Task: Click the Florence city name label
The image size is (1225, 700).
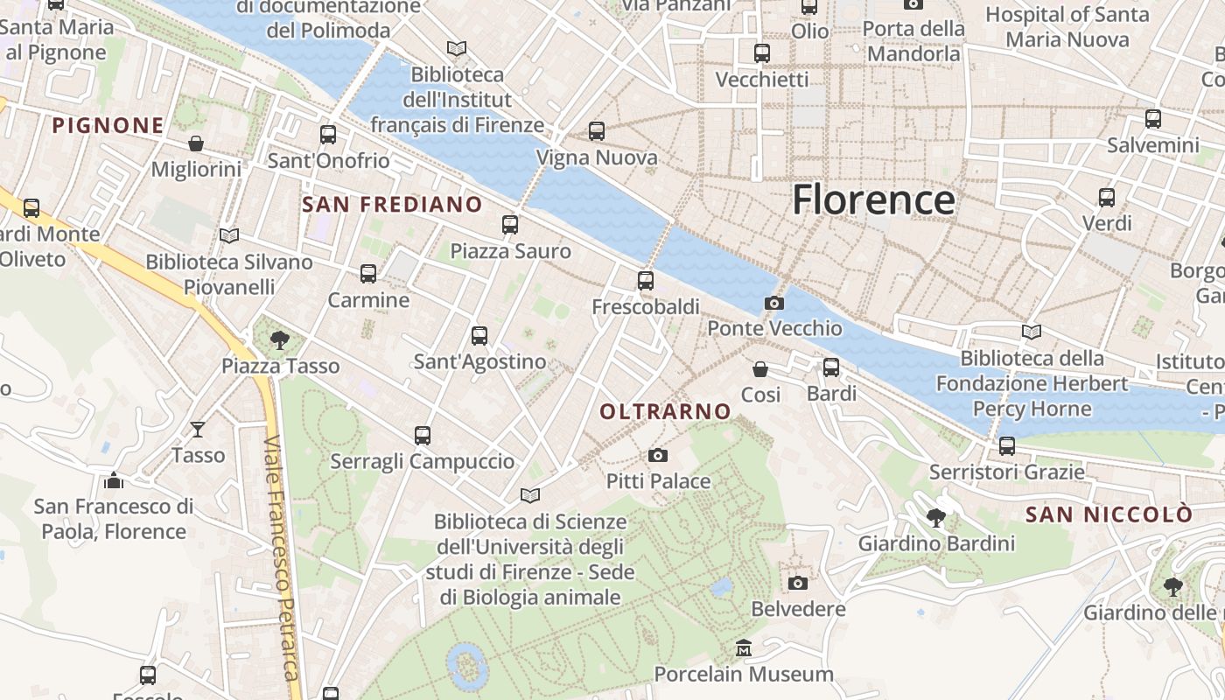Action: (873, 200)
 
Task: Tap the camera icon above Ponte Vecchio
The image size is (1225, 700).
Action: (774, 303)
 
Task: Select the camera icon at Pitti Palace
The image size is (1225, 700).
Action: (658, 455)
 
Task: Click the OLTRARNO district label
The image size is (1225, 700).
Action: (665, 411)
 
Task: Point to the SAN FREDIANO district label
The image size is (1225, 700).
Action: (392, 205)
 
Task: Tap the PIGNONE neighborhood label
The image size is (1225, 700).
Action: (108, 126)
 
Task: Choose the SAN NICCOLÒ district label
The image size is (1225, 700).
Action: (1109, 514)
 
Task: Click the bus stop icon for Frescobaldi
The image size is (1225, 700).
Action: (646, 281)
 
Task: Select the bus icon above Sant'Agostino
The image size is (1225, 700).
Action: (479, 335)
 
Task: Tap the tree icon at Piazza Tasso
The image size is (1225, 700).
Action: (280, 339)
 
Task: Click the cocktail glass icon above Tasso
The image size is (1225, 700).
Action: (198, 429)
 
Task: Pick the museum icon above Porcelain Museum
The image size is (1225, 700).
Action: (744, 648)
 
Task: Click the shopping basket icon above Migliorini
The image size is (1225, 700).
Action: (196, 143)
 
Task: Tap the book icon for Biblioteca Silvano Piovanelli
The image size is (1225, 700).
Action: (229, 235)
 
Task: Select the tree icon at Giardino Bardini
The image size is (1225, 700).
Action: (936, 517)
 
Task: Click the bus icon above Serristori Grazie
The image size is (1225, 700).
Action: (1007, 446)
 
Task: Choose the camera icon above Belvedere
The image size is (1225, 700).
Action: (798, 583)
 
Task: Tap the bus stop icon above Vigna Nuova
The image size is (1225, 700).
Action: (597, 131)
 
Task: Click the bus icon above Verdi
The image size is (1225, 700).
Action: (1107, 197)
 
